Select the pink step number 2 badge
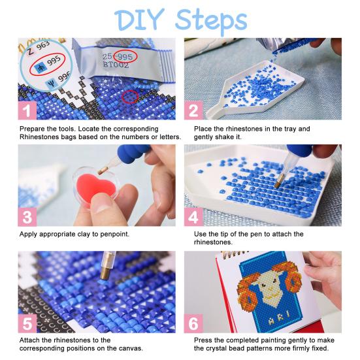coord(194,110)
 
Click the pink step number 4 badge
coord(194,216)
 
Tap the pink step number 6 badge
coord(194,323)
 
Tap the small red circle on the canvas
coord(131,97)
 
